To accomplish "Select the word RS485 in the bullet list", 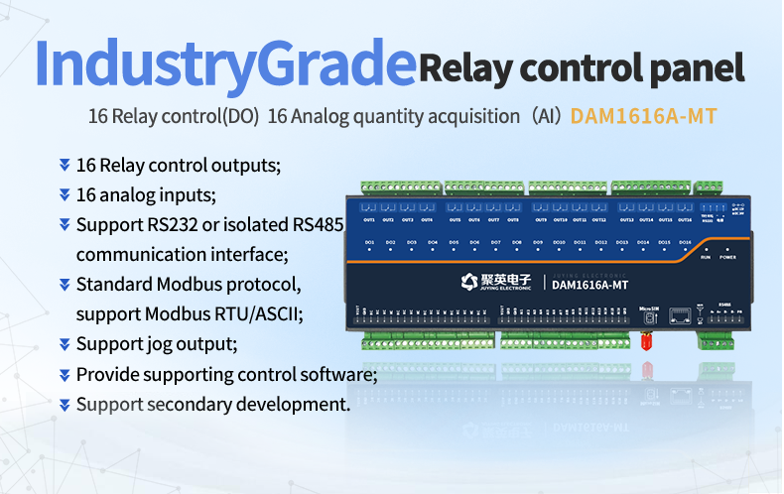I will (x=320, y=224).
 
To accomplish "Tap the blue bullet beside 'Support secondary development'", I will (x=65, y=404).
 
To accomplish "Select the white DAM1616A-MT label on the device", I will (x=590, y=285).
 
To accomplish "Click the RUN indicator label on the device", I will (x=706, y=257).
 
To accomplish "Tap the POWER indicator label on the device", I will (x=727, y=257).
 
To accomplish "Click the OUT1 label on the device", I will (x=369, y=219).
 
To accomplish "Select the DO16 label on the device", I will (x=685, y=242).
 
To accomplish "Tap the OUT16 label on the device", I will (x=685, y=219).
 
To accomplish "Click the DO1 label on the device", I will (x=369, y=242).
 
